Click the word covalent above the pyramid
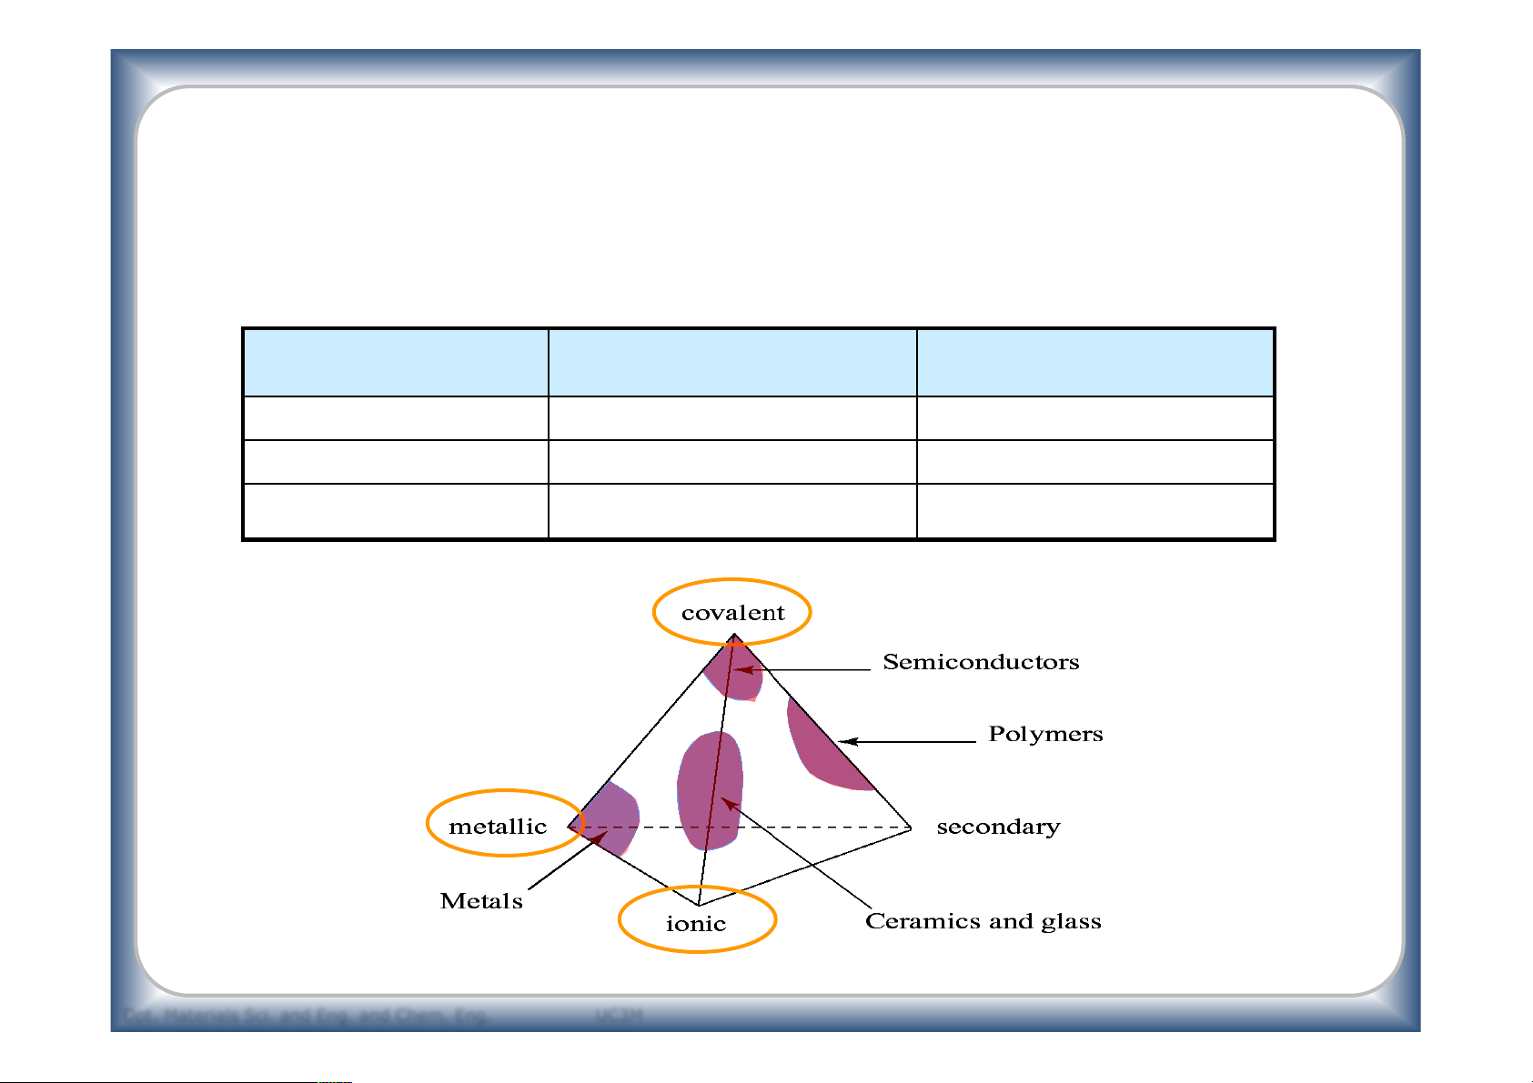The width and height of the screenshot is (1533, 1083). tap(732, 613)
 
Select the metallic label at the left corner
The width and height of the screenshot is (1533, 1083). tap(498, 827)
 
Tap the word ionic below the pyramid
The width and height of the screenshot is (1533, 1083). tap(696, 924)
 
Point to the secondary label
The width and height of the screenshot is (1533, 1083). tap(998, 827)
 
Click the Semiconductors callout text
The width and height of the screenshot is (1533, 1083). tap(981, 662)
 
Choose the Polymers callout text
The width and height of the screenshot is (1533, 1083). tap(1045, 734)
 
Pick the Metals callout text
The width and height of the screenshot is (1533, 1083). tap(481, 901)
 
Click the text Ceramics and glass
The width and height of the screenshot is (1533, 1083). tap(983, 921)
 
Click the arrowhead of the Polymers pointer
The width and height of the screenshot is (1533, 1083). tap(846, 742)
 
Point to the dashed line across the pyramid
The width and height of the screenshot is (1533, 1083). tap(801, 827)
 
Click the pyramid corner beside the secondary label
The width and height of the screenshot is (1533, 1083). tap(911, 827)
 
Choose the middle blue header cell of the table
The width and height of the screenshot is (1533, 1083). tap(732, 363)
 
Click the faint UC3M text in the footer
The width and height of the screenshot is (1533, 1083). tap(619, 1015)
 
